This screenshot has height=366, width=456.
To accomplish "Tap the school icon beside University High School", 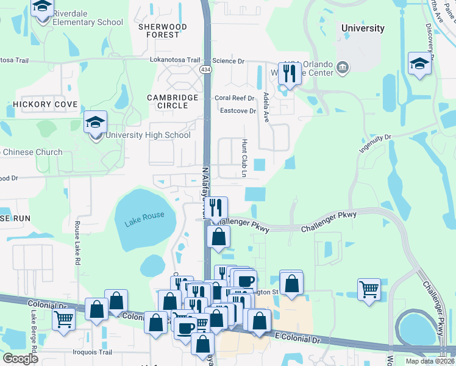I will click(95, 123).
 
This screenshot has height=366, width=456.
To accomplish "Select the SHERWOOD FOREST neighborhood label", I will click(159, 30).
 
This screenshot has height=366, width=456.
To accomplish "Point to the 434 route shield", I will click(205, 71).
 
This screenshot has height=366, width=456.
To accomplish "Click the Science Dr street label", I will click(228, 61).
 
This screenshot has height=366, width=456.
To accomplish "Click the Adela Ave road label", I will click(266, 107).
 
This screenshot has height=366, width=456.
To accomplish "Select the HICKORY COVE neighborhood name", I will click(45, 104).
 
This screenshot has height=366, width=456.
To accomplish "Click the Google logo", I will click(21, 359).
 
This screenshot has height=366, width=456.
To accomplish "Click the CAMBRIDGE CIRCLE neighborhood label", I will click(173, 101).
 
